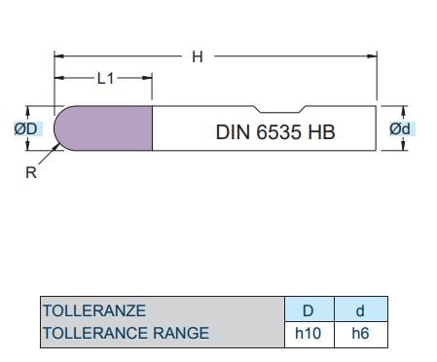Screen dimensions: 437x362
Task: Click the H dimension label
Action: pyautogui.click(x=198, y=56)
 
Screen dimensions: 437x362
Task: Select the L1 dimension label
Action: pyautogui.click(x=106, y=78)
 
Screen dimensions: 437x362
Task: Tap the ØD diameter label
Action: pyautogui.click(x=26, y=128)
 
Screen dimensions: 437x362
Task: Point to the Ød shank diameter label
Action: pyautogui.click(x=400, y=128)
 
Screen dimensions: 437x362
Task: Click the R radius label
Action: pyautogui.click(x=31, y=172)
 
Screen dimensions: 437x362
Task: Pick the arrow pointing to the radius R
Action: pyautogui.click(x=50, y=154)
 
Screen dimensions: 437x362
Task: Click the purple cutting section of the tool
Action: pyautogui.click(x=103, y=128)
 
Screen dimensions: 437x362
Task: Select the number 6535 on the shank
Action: pyautogui.click(x=278, y=132)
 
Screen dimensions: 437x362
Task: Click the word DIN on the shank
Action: pyautogui.click(x=233, y=132)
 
